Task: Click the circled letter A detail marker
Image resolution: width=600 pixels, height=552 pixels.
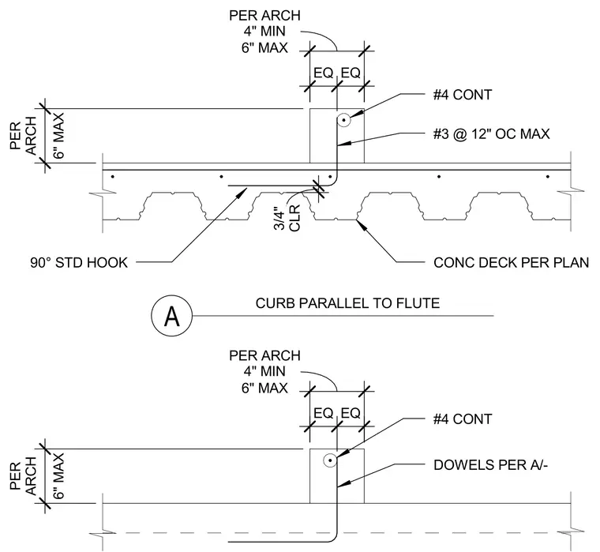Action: coord(172,316)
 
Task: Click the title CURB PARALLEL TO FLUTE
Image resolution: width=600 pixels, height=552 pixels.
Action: coord(347,303)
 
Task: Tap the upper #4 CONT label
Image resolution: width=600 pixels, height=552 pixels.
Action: coord(463,95)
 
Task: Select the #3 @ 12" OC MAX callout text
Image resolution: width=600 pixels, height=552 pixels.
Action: coord(491,134)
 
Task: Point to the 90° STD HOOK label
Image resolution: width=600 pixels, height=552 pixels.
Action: coord(79,263)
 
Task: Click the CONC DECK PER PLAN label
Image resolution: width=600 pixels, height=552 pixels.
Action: coord(512,263)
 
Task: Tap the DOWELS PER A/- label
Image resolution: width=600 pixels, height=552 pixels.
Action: coord(490,464)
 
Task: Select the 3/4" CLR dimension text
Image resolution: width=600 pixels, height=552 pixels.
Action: coord(287,218)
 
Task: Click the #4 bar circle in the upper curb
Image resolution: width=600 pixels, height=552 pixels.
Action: coord(344,121)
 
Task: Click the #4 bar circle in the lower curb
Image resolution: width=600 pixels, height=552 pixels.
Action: coord(329,460)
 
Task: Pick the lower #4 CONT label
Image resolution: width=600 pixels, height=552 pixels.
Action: coord(463,419)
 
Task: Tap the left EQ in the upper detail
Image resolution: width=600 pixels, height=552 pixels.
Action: coord(324,73)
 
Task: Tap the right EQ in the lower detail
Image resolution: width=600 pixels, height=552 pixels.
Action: coord(351,413)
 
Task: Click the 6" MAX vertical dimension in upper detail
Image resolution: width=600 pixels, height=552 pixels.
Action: coord(58,136)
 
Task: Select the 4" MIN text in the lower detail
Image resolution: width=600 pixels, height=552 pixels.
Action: coord(264,371)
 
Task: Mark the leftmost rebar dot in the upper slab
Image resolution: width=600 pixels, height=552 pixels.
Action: coord(112,176)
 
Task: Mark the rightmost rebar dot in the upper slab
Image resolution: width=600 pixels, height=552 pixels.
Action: coord(548,176)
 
